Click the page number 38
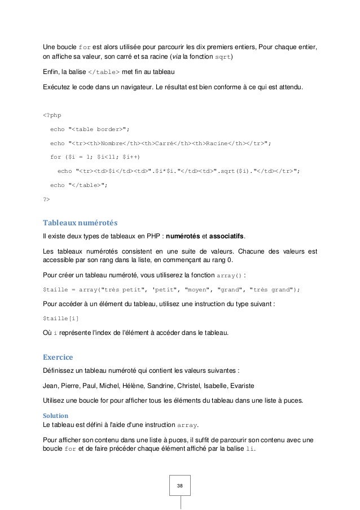point(180,485)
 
